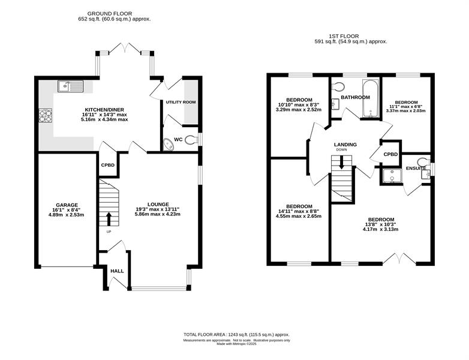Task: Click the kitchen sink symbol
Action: point(70,86)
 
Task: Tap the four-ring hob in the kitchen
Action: point(46,116)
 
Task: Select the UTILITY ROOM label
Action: point(181,102)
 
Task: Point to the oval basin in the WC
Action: point(169,145)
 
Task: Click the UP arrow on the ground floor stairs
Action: point(109,219)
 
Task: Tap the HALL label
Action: point(117,271)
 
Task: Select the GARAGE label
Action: point(67,205)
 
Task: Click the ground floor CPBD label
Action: point(108,165)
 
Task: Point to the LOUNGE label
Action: point(158,205)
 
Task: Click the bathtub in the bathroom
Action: point(371,98)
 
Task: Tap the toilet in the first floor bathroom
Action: point(338,86)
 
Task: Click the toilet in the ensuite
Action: point(424,162)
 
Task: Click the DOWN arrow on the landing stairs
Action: point(342,162)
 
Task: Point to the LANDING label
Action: point(345,145)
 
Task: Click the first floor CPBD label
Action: point(390,154)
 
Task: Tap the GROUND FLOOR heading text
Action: point(110,13)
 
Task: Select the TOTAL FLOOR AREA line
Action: point(236,335)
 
